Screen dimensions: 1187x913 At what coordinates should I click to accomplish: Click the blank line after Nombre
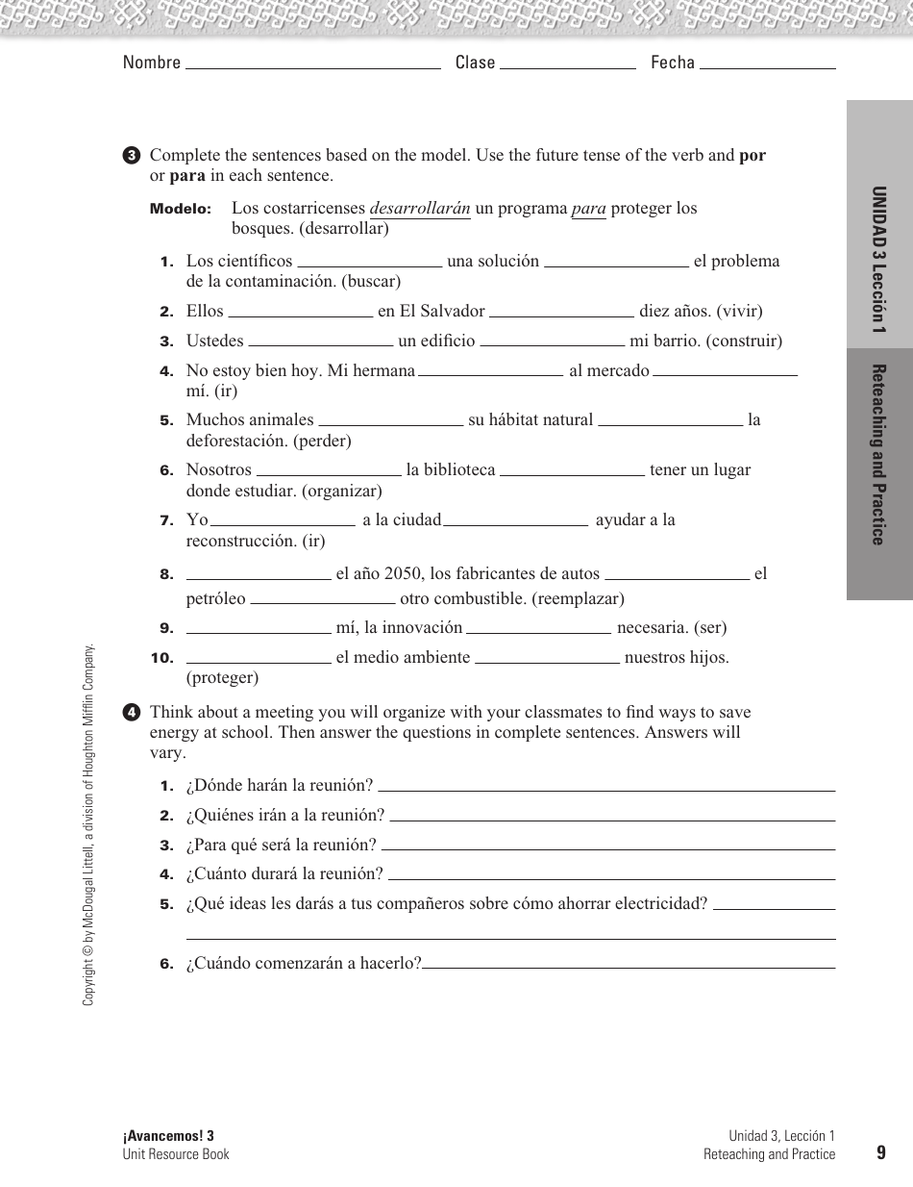(311, 67)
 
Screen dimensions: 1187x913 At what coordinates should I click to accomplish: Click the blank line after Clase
(568, 67)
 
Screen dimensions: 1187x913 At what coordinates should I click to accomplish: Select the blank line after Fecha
(767, 67)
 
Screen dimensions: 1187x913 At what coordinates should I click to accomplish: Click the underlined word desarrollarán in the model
(420, 209)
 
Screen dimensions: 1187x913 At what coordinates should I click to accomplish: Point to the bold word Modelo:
(180, 210)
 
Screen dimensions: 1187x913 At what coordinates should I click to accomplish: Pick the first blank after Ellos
(300, 315)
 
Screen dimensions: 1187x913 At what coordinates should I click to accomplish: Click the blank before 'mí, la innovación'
(259, 633)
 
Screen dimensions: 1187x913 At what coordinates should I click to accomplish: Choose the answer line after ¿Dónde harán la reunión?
(606, 789)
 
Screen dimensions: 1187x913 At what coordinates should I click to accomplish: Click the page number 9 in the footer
(880, 1153)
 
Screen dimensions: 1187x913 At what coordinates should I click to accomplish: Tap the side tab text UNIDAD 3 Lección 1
(878, 260)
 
